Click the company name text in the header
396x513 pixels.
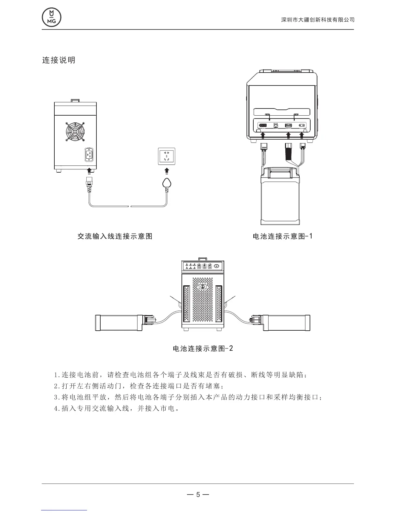pos(318,20)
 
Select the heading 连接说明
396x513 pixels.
pos(59,60)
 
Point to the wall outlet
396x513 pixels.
pos(167,156)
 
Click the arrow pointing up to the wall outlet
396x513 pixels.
pos(167,171)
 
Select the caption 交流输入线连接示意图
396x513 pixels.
pos(115,236)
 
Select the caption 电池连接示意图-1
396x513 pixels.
pos(282,236)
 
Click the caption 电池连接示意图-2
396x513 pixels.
pos(203,348)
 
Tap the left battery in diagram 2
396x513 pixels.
pos(118,323)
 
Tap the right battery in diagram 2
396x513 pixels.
pos(286,323)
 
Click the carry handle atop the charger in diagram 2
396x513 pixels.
pos(203,259)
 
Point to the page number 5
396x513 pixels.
pos(198,495)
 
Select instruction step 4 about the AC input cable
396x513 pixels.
pos(117,408)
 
